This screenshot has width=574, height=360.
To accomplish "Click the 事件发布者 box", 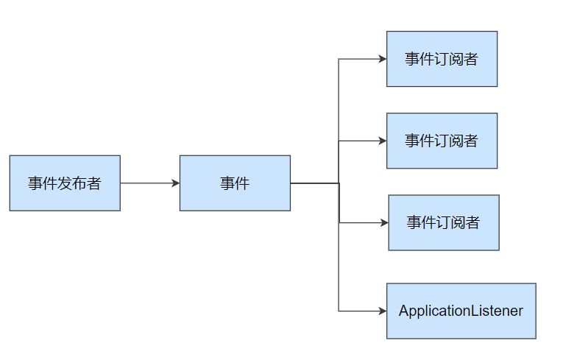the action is click(65, 183).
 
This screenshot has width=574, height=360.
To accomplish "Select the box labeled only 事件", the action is click(235, 183).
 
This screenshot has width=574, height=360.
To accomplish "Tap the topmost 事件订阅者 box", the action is click(442, 59).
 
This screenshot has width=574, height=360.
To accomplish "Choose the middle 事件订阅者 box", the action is click(442, 141).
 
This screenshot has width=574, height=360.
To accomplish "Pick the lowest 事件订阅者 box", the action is click(444, 222).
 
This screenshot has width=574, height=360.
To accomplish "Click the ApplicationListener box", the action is click(461, 311).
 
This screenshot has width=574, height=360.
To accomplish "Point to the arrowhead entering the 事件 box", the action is click(176, 183).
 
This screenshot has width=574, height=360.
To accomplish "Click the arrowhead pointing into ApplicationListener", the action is click(383, 311).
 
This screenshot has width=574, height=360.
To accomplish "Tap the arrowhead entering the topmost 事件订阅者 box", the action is click(383, 59).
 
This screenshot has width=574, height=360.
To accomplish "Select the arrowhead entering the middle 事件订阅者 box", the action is click(383, 141).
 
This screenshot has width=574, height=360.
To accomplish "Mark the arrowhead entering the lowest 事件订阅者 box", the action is click(384, 222).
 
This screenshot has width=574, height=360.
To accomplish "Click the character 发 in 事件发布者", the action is click(65, 183).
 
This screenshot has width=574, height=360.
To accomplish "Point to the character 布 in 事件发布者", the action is click(79, 183).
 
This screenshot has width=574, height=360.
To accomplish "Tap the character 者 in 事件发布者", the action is click(93, 183).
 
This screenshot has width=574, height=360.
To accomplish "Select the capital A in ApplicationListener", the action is click(404, 311).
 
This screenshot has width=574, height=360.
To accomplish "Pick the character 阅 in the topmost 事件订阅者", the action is click(456, 59).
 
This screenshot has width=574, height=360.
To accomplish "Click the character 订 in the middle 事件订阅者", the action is click(442, 141).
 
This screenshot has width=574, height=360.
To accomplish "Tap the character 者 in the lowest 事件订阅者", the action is click(472, 222).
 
